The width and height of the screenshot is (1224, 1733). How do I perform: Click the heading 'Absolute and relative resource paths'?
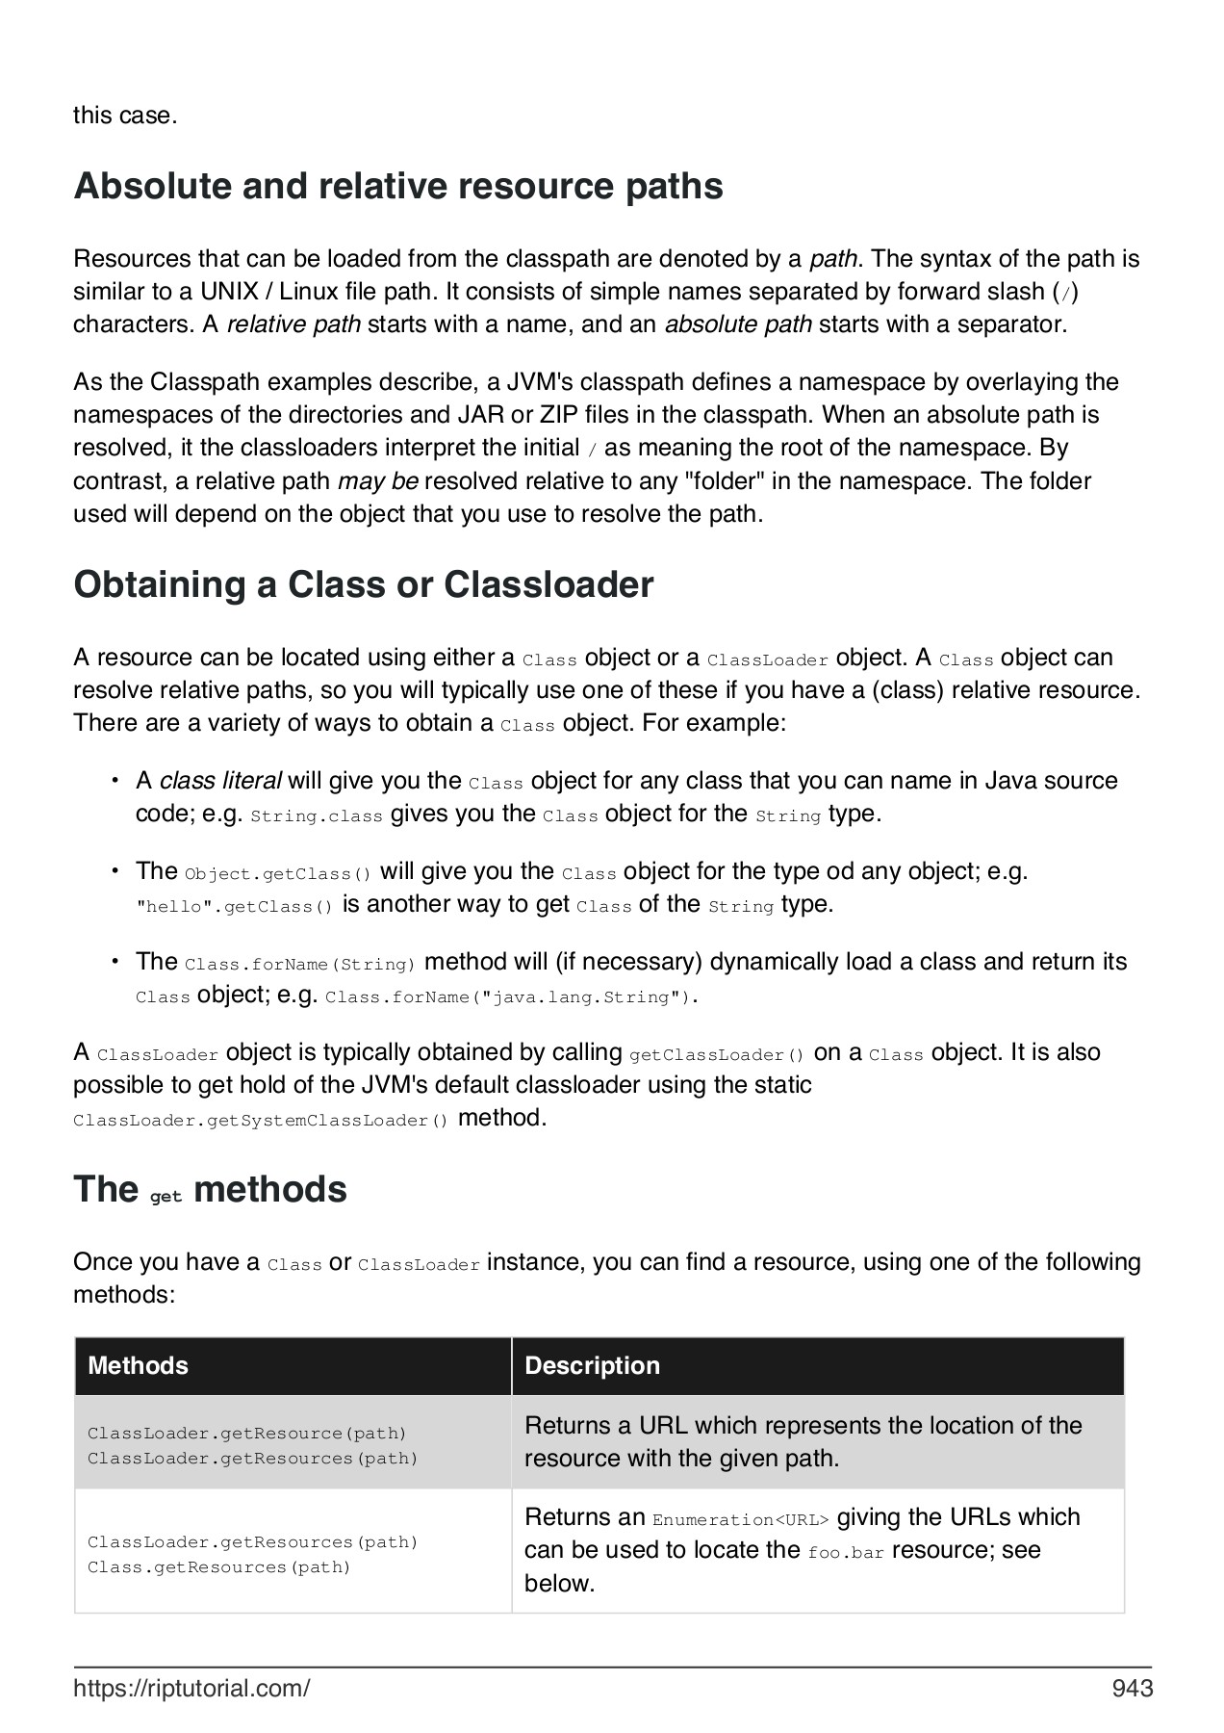click(398, 186)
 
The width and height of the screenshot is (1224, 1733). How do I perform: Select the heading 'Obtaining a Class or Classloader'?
click(364, 584)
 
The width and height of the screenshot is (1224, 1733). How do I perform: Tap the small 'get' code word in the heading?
click(166, 1197)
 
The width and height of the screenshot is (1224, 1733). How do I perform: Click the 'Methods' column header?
click(138, 1365)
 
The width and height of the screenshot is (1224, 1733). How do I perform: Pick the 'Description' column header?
click(592, 1365)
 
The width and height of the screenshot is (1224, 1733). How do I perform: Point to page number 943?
click(1132, 1688)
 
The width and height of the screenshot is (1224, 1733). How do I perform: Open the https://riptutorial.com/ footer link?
click(191, 1688)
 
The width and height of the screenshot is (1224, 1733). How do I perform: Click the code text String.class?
click(317, 816)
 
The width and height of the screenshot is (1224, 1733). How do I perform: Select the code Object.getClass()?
click(277, 874)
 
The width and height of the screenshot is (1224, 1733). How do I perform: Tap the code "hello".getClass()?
click(234, 907)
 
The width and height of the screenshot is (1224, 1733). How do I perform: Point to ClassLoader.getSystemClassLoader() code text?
click(261, 1121)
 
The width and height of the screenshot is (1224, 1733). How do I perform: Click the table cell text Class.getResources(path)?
click(219, 1567)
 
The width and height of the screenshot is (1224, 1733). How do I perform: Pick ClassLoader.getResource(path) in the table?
click(247, 1434)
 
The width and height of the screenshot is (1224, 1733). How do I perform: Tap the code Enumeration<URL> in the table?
click(740, 1520)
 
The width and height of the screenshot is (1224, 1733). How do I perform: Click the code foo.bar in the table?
click(846, 1553)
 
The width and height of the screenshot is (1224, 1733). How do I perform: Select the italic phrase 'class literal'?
click(220, 780)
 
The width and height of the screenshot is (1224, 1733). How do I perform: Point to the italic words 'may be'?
click(378, 481)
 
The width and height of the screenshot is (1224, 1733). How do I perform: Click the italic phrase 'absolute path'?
click(738, 324)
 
